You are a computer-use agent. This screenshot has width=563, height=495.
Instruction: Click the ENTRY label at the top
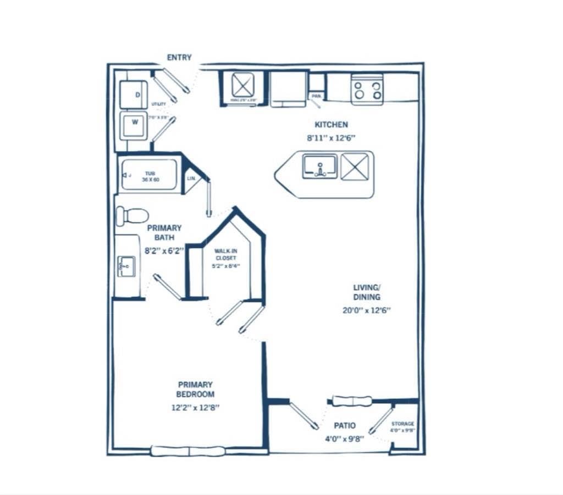[179, 58]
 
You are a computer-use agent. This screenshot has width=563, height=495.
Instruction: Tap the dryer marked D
[134, 94]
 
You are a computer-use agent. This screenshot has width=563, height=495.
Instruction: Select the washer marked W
[134, 125]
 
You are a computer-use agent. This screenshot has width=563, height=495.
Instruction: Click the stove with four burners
[367, 90]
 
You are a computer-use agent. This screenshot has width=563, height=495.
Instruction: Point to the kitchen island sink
[319, 166]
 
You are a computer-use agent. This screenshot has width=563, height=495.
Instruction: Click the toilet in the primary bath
[132, 216]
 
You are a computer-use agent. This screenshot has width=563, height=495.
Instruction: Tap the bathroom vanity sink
[126, 266]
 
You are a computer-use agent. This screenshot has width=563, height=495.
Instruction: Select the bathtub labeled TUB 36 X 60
[150, 175]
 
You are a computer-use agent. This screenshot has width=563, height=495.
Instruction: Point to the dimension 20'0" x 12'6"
[366, 310]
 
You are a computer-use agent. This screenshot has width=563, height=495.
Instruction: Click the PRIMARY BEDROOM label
[195, 390]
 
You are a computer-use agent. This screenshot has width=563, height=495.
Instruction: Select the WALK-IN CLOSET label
[226, 254]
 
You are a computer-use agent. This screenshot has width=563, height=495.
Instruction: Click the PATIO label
[345, 425]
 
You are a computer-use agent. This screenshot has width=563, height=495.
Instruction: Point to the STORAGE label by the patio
[402, 424]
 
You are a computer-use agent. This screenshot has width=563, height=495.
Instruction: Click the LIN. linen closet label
[191, 179]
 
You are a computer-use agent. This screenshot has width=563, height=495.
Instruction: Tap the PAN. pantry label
[316, 96]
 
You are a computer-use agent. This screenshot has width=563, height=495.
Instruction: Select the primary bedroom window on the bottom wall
[188, 451]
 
